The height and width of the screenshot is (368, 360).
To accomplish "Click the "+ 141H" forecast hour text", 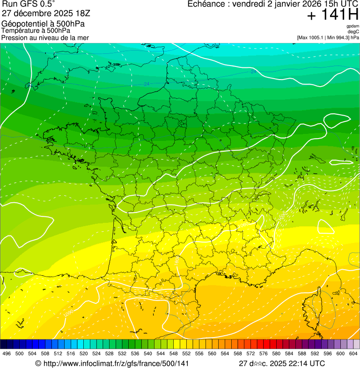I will point(333,16).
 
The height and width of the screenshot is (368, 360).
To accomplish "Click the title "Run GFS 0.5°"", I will point(28,5).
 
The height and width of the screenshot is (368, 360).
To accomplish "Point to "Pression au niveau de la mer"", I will point(45,37).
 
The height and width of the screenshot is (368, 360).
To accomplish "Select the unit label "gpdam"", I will point(353,26).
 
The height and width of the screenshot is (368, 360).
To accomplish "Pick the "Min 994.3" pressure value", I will point(339,37).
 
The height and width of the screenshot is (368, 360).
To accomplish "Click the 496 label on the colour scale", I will point(7,354).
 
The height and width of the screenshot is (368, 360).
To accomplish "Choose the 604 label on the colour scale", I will point(353,354).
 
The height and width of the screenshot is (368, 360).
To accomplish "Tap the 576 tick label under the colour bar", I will point(264,354).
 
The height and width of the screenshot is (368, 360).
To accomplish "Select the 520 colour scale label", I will point(84,354).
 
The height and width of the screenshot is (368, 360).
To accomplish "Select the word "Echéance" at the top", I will point(206,4).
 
